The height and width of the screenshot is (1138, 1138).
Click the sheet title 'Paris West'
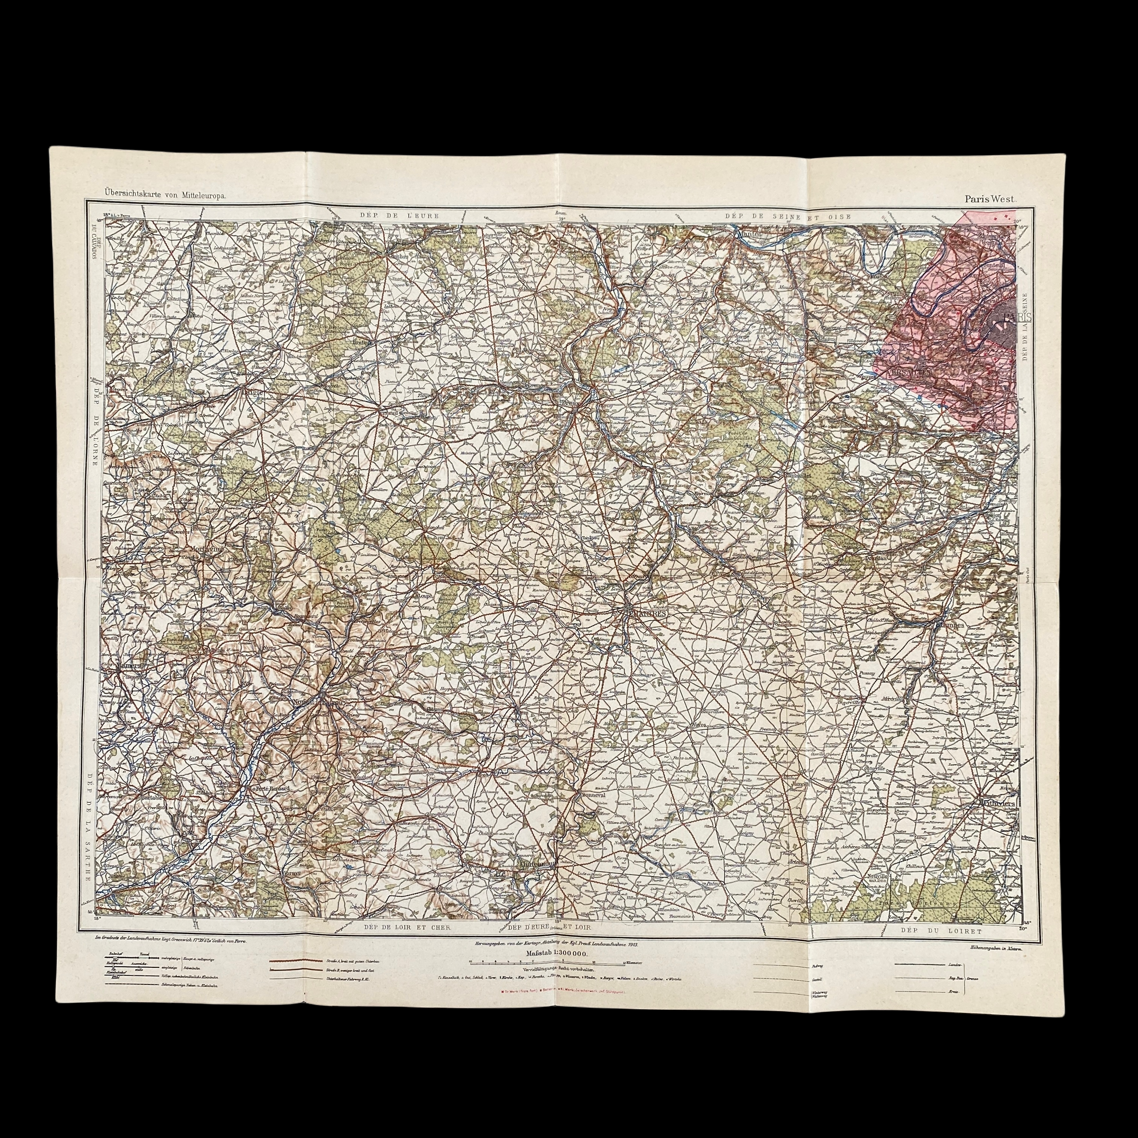pos(990,199)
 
